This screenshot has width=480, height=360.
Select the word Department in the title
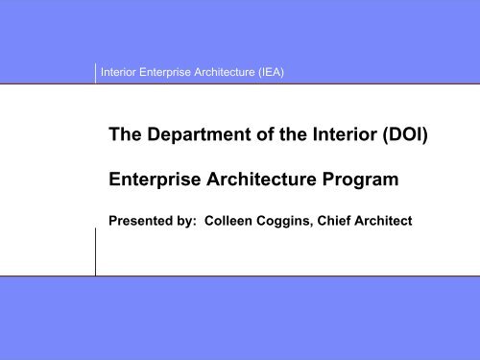(199, 140)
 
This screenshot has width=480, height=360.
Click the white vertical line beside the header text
(96, 72)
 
